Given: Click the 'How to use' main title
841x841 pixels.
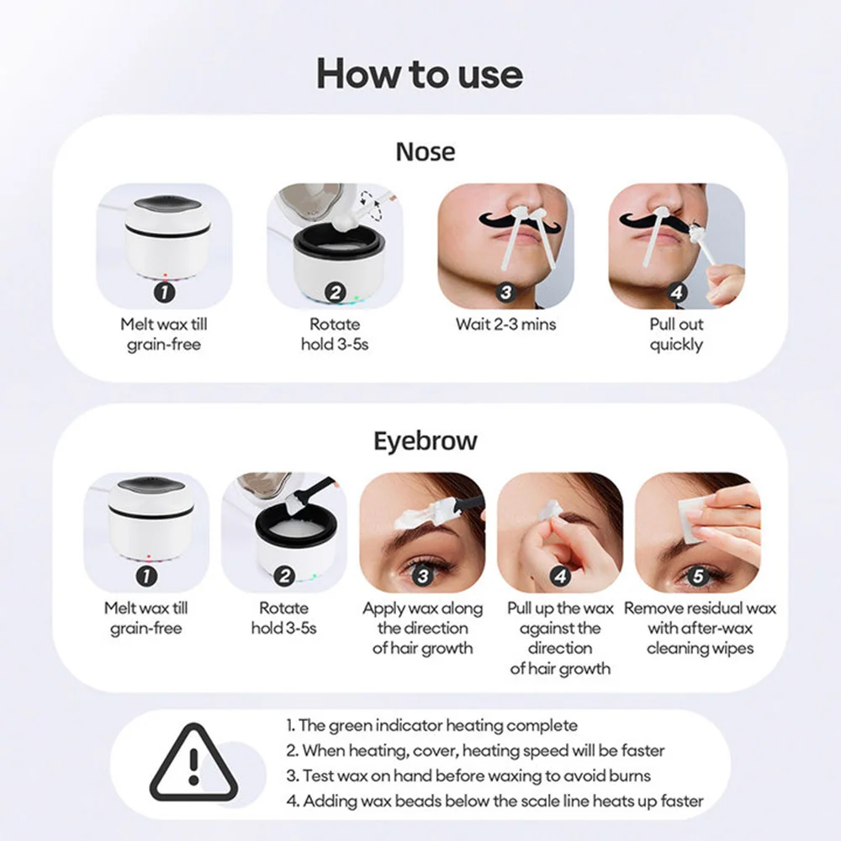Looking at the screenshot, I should [420, 74].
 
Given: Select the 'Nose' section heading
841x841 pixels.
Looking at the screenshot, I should [425, 152].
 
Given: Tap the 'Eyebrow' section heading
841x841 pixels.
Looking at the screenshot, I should [425, 441].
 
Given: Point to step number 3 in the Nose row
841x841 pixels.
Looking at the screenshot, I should [505, 293].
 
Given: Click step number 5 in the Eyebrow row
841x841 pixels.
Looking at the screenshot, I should [697, 576].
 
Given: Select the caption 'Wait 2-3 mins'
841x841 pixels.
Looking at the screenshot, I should [505, 324].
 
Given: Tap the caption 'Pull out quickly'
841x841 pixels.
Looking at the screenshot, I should [676, 334].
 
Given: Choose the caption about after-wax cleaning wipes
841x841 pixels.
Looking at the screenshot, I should [700, 627].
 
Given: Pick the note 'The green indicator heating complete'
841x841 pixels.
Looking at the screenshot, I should [431, 725].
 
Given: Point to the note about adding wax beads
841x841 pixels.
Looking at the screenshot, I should [495, 801].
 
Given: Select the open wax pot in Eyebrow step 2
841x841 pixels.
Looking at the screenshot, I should [283, 538].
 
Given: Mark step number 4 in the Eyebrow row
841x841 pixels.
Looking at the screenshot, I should [560, 576].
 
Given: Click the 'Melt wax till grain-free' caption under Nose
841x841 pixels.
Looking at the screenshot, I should [165, 334].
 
